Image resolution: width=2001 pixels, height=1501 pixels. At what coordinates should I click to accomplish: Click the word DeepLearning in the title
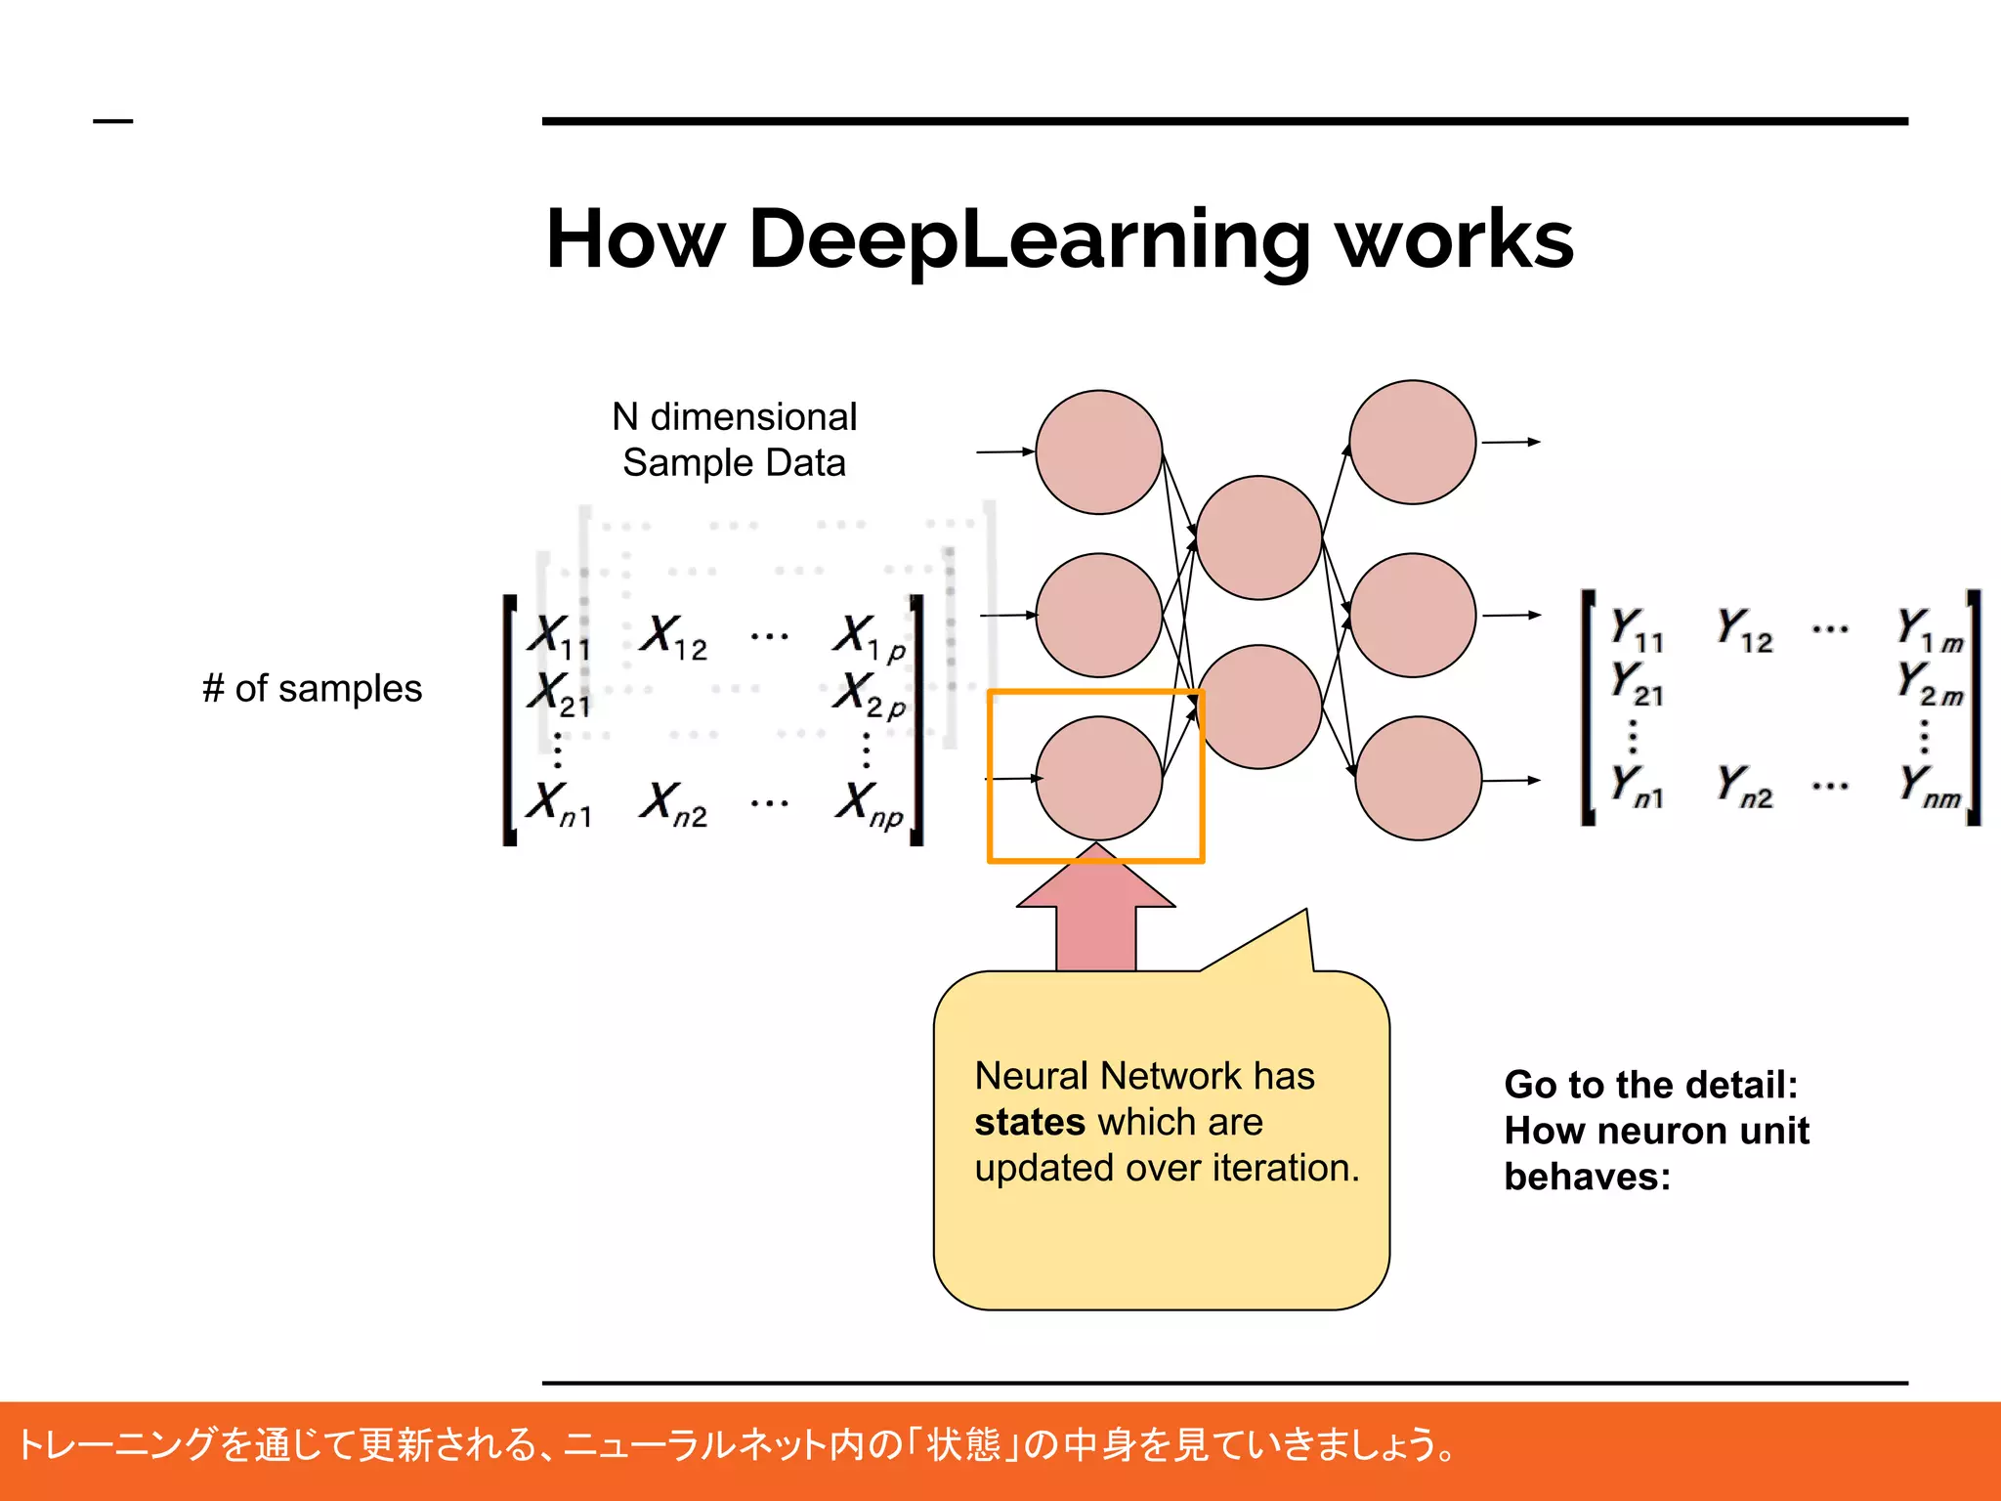[x=1029, y=239]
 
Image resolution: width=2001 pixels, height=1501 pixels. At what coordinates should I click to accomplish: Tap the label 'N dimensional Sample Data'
[x=734, y=440]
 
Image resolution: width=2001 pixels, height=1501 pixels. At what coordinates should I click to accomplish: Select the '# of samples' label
[x=312, y=689]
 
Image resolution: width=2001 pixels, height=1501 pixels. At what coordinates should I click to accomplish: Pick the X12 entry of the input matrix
[x=673, y=637]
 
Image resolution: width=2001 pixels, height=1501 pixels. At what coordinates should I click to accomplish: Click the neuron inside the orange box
[x=1098, y=778]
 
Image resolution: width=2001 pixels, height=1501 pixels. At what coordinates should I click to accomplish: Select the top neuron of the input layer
[x=1098, y=451]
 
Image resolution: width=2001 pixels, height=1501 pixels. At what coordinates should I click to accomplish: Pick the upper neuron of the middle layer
[x=1258, y=537]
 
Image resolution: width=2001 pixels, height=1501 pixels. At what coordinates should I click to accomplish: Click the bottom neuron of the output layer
[x=1418, y=778]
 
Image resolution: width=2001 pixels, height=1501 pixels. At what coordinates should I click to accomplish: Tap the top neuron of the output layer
[x=1412, y=442]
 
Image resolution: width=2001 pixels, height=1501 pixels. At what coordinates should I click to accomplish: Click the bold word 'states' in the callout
[x=1030, y=1122]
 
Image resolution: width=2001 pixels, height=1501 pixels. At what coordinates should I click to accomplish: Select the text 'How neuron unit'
[x=1656, y=1131]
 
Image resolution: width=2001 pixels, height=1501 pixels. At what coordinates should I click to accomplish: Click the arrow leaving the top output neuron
[x=1511, y=442]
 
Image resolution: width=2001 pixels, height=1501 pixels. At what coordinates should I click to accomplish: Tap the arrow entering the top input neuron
[x=1004, y=451]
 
